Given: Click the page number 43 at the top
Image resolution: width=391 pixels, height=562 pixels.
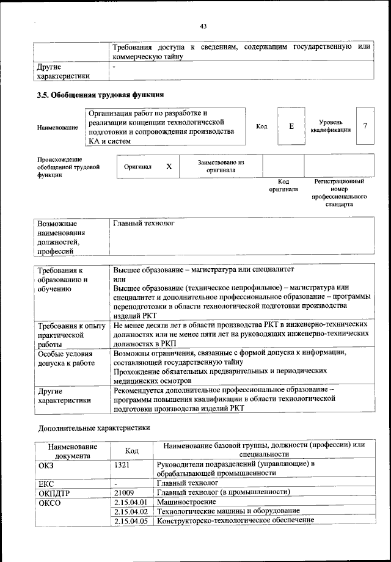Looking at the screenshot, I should (203, 26).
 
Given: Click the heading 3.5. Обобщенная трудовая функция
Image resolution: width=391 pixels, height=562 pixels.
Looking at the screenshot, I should (98, 95).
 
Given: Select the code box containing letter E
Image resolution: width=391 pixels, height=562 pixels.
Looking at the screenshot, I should (291, 126).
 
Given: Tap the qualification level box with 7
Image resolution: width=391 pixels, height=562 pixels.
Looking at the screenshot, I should (365, 126).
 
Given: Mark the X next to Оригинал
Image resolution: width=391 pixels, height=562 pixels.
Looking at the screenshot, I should (169, 166).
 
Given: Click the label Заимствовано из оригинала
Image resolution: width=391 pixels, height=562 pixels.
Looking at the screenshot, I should (221, 166).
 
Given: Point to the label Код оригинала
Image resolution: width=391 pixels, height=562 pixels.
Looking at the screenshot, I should (283, 185).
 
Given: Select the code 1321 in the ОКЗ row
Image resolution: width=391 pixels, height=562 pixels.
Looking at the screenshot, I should (123, 465).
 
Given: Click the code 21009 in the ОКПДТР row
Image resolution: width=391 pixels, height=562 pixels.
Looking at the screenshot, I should (124, 492).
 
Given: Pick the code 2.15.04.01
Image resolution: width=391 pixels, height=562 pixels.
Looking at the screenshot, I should (131, 502).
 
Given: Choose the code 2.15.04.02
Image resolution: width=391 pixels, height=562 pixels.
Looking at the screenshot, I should (131, 511).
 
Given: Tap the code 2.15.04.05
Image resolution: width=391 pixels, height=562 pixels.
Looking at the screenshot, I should (131, 520).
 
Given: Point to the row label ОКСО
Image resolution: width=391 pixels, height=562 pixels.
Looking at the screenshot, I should (49, 502).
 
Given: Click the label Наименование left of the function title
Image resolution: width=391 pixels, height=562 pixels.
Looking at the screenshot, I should (57, 127).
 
